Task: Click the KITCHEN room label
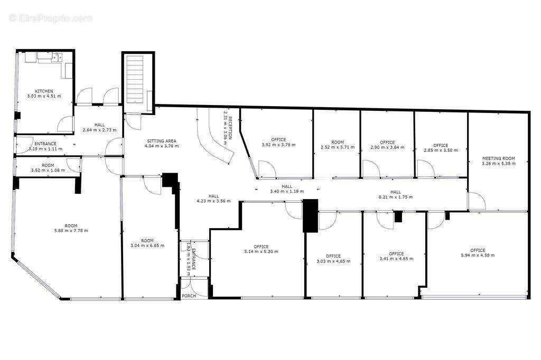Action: pyautogui.click(x=44, y=91)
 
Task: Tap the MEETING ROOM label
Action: pyautogui.click(x=499, y=158)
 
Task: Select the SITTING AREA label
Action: pyautogui.click(x=162, y=141)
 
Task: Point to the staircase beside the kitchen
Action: pyautogui.click(x=135, y=79)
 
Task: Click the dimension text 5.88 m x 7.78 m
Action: pyautogui.click(x=71, y=230)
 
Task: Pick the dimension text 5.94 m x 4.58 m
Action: pyautogui.click(x=478, y=255)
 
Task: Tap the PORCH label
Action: pyautogui.click(x=189, y=296)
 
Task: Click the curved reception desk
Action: pyautogui.click(x=214, y=136)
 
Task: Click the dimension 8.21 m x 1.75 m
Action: pyautogui.click(x=396, y=197)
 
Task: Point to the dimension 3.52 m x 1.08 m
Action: pyautogui.click(x=48, y=170)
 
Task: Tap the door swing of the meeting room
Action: pyautogui.click(x=477, y=202)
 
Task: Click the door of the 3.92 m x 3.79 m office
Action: pyautogui.click(x=267, y=169)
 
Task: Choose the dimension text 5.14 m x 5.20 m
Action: pyautogui.click(x=261, y=251)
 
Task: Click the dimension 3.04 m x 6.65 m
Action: pyautogui.click(x=147, y=245)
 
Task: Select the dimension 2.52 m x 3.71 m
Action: pyautogui.click(x=338, y=147)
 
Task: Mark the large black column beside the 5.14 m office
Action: pyautogui.click(x=310, y=216)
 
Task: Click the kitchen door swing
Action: pyautogui.click(x=65, y=124)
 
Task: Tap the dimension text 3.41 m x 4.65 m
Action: pyautogui.click(x=396, y=258)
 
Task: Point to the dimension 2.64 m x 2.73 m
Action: pyautogui.click(x=99, y=130)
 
